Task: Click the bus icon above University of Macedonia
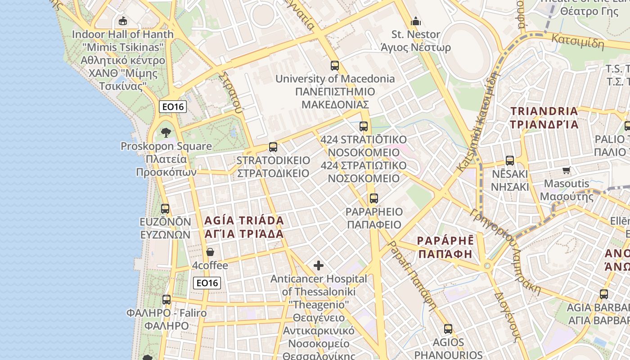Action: [334, 65]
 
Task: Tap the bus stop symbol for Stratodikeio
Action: [273, 147]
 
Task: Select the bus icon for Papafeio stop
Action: [373, 198]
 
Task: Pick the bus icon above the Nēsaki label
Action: [509, 161]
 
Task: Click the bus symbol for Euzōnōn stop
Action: [165, 209]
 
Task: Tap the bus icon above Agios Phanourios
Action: [448, 329]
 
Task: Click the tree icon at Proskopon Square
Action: [166, 132]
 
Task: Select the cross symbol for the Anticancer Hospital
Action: [319, 265]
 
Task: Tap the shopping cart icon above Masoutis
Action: [566, 170]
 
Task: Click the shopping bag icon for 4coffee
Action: [210, 252]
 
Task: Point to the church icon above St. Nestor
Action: [415, 21]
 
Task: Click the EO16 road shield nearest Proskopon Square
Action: [173, 107]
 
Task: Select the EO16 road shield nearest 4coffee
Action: [207, 283]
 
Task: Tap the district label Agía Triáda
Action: [244, 227]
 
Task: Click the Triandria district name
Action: [544, 117]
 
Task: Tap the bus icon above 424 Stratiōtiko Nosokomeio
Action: [364, 126]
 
